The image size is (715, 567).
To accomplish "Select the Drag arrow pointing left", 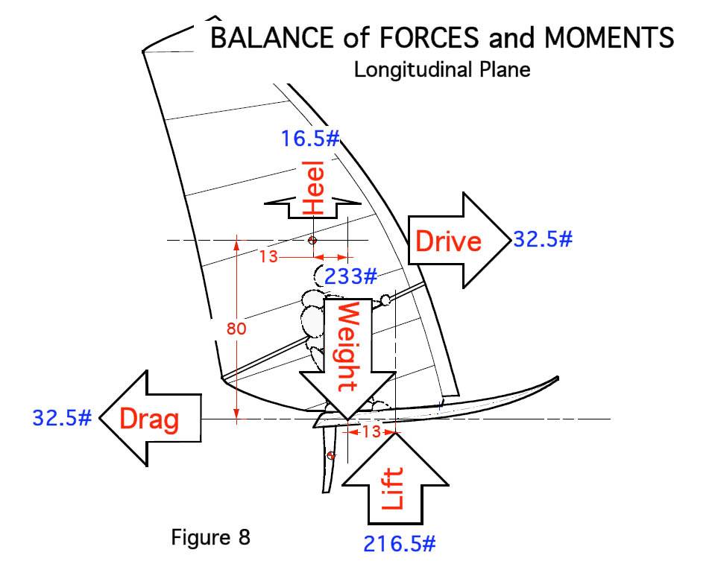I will [x=149, y=419].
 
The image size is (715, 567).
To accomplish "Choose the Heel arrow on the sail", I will [x=313, y=198].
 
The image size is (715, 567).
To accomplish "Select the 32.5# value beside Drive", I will [x=542, y=239].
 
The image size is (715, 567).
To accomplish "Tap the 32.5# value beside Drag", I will [x=62, y=417].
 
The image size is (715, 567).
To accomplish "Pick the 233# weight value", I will [x=350, y=277].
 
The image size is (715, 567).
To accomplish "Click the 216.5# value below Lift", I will [x=399, y=543].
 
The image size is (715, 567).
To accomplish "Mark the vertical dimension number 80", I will [x=236, y=328].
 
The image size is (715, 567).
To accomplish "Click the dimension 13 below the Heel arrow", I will [x=268, y=256].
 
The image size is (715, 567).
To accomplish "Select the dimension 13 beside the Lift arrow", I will [x=371, y=431].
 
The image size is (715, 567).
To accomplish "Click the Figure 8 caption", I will [x=211, y=536].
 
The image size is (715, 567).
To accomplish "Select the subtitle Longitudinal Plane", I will [x=442, y=70].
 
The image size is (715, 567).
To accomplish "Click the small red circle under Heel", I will [x=312, y=240].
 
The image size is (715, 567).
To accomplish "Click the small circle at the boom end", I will [x=385, y=300].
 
